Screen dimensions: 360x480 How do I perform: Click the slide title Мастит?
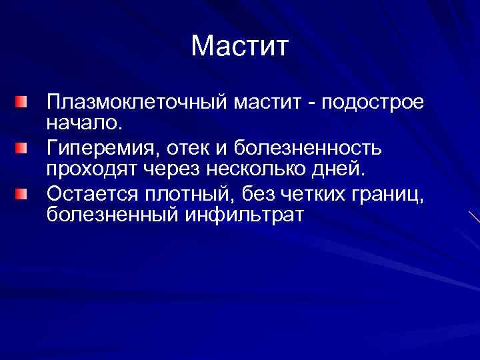point(239,47)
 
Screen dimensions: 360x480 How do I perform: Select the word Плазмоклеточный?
point(137,104)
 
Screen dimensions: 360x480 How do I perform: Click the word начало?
point(81,123)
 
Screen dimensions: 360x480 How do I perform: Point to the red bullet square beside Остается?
point(22,193)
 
